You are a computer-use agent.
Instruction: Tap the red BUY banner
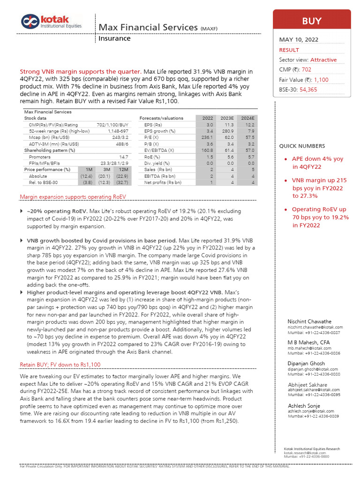(x=311, y=21)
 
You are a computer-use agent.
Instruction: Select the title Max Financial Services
(x=148, y=27)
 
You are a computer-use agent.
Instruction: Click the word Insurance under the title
(x=114, y=38)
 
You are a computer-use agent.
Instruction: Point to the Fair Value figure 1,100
(x=321, y=80)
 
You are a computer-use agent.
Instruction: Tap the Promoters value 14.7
(x=124, y=157)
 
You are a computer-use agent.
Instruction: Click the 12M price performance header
(x=124, y=169)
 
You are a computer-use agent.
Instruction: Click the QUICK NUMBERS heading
(x=302, y=146)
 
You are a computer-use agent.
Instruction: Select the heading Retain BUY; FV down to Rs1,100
(x=60, y=365)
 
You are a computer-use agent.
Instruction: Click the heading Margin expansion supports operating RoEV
(x=73, y=196)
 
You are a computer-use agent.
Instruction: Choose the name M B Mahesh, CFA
(x=308, y=343)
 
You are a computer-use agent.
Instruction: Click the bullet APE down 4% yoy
(x=317, y=159)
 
